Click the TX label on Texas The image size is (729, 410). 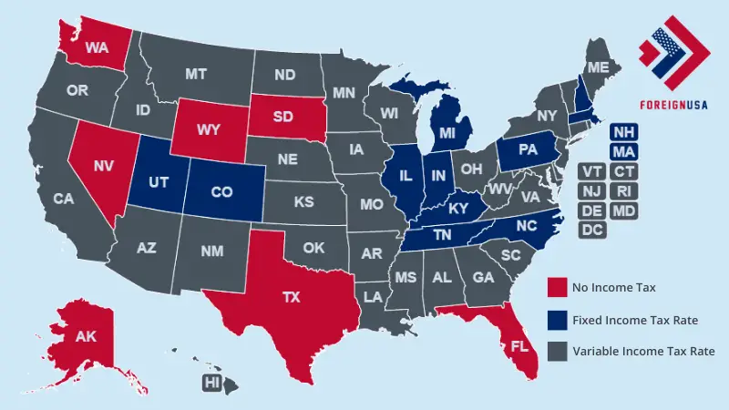tap(291, 298)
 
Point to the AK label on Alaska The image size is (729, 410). tap(86, 337)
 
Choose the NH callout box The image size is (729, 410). tap(624, 133)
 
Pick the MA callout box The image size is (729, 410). tap(624, 152)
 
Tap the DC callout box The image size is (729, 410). tap(591, 230)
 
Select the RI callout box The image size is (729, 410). tap(624, 191)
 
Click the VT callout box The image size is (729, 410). tap(591, 172)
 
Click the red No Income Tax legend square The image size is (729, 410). tap(558, 288)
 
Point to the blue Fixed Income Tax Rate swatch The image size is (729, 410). tap(558, 320)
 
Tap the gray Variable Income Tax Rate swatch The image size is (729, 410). tap(558, 351)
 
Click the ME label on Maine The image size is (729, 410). tap(598, 68)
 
